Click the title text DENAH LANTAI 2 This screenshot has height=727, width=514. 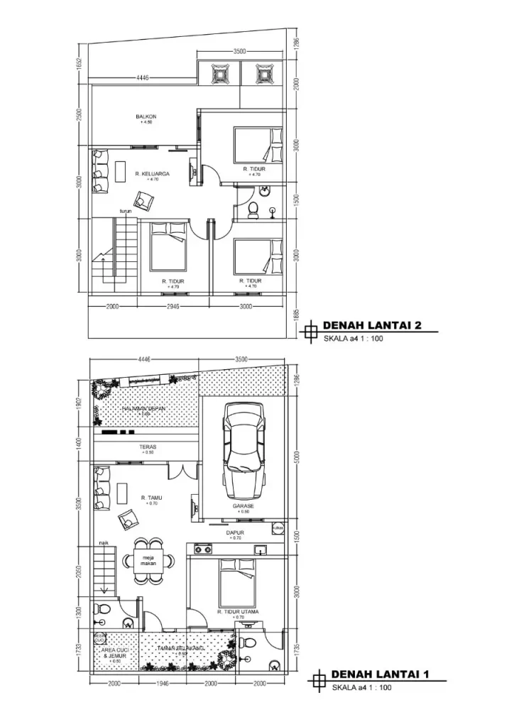click(x=372, y=325)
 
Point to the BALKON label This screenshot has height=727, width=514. click(x=146, y=116)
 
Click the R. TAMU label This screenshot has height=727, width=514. click(x=151, y=498)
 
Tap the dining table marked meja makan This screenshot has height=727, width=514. click(x=149, y=561)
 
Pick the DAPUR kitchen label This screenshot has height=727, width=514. click(x=235, y=532)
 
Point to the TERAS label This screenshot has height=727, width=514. click(x=148, y=447)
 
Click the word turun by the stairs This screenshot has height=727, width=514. click(x=126, y=212)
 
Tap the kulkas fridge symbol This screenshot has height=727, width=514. click(x=278, y=528)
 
